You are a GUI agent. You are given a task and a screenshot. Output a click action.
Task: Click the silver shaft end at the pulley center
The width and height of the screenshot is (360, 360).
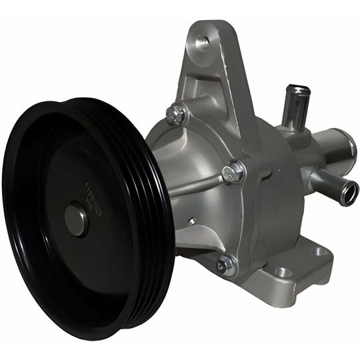tap(75, 220)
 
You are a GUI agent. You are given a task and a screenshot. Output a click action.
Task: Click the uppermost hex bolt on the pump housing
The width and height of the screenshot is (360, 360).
tap(177, 115)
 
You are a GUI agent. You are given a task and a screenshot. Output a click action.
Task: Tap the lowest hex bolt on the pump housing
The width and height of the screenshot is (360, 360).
tap(225, 265)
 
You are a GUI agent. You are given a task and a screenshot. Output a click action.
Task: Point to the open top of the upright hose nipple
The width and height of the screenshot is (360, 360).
tap(297, 90)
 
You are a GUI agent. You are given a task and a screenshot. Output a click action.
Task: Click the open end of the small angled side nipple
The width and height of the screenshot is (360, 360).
tap(349, 193)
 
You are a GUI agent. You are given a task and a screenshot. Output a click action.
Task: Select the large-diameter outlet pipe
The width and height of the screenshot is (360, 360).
tap(333, 150)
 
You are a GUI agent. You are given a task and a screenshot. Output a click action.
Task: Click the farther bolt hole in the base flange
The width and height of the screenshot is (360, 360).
tap(319, 251)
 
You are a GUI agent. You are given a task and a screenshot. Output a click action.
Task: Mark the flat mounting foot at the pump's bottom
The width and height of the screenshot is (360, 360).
tap(293, 267)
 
